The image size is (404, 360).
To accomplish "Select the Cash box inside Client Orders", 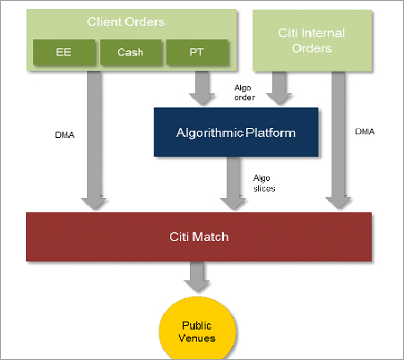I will coord(129,52).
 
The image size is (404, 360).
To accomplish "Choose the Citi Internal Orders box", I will coord(312,39).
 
